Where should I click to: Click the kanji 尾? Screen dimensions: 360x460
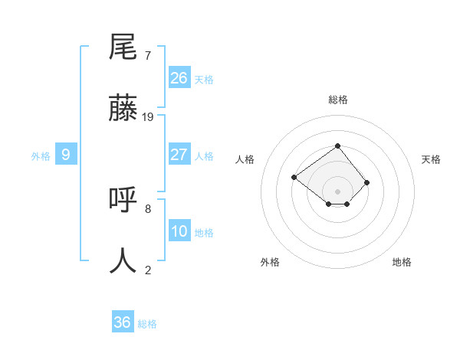tap(124, 47)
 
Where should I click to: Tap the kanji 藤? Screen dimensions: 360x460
tap(124, 109)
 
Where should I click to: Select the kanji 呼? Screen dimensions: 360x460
tap(124, 200)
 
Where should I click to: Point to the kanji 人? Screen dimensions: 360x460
tap(124, 260)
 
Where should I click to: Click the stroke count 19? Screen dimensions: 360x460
tap(148, 117)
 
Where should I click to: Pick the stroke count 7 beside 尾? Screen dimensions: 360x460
tap(148, 56)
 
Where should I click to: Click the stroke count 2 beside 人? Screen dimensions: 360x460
tap(148, 270)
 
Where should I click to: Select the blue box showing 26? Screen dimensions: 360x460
tap(179, 78)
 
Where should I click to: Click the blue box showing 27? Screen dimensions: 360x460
tap(179, 155)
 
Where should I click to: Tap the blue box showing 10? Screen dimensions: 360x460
tap(179, 231)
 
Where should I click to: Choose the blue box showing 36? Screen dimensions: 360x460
tap(123, 322)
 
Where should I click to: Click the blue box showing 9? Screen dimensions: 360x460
tap(66, 155)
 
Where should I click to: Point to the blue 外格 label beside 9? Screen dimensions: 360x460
tap(41, 156)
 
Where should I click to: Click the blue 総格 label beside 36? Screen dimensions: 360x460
tap(147, 324)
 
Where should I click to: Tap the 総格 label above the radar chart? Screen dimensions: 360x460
tap(337, 100)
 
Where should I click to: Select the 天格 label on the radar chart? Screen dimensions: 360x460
tap(431, 159)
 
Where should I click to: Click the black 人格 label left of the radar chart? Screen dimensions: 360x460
tap(245, 159)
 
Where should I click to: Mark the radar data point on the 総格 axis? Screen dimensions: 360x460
tap(337, 146)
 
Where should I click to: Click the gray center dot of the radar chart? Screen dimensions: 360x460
tap(337, 191)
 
